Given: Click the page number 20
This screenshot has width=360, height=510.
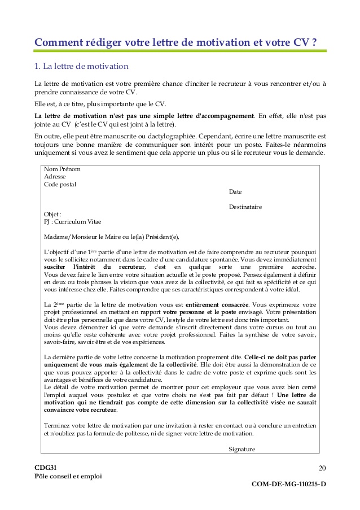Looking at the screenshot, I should point(322,468).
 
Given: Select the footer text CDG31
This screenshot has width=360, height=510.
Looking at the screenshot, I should point(46,468).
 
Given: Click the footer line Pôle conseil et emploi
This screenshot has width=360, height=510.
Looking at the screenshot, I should point(68,476).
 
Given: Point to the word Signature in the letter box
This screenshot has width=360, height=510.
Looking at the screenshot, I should point(242,449).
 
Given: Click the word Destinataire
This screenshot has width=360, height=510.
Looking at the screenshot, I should point(245,207).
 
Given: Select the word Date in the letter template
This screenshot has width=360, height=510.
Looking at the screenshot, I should point(235,191).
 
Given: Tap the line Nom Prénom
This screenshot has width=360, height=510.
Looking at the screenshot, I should point(62,169).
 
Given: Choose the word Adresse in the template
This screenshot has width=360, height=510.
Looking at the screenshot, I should point(55,177).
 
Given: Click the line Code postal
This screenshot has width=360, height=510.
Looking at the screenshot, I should point(60,184).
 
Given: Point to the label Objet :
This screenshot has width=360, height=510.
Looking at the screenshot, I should point(52,214).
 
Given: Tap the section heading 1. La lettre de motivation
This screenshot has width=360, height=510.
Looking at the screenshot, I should point(81,67).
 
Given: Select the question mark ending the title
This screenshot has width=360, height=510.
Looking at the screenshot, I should point(313,42).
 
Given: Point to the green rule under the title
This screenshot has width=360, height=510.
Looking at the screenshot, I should point(180,51).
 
